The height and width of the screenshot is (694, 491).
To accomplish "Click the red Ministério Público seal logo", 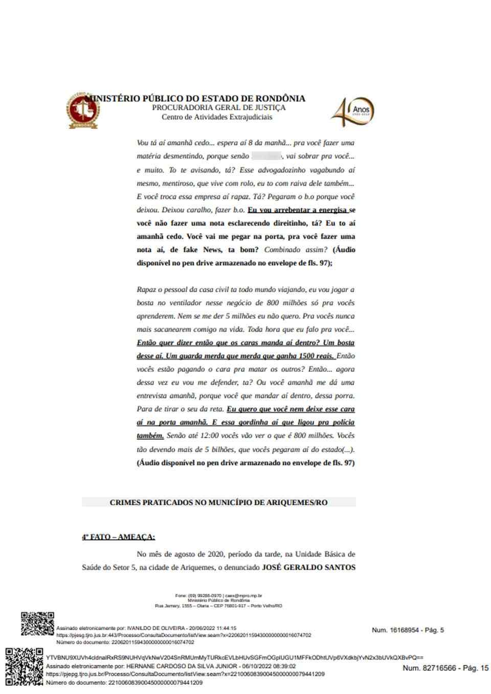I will [82, 111].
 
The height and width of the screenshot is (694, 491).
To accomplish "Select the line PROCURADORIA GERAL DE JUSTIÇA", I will [218, 108].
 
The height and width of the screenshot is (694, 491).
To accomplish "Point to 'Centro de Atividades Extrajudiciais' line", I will [217, 117].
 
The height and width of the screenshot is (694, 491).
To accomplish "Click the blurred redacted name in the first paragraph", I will [266, 156].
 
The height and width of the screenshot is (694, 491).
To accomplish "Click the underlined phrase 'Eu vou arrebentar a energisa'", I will [298, 210].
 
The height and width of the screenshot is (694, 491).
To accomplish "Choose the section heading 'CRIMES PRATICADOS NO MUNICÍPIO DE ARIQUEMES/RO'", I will [218, 502].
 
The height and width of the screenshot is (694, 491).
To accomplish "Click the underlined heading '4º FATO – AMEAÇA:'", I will [118, 537].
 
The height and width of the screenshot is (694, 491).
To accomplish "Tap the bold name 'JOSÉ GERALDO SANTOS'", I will [308, 567].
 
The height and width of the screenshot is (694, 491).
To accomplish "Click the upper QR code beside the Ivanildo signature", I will [37, 623].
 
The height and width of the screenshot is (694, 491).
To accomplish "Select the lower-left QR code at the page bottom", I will [25, 666].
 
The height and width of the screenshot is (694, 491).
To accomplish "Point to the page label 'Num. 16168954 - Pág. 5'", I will [408, 630].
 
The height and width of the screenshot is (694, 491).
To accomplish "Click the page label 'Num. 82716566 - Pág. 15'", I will [445, 668].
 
